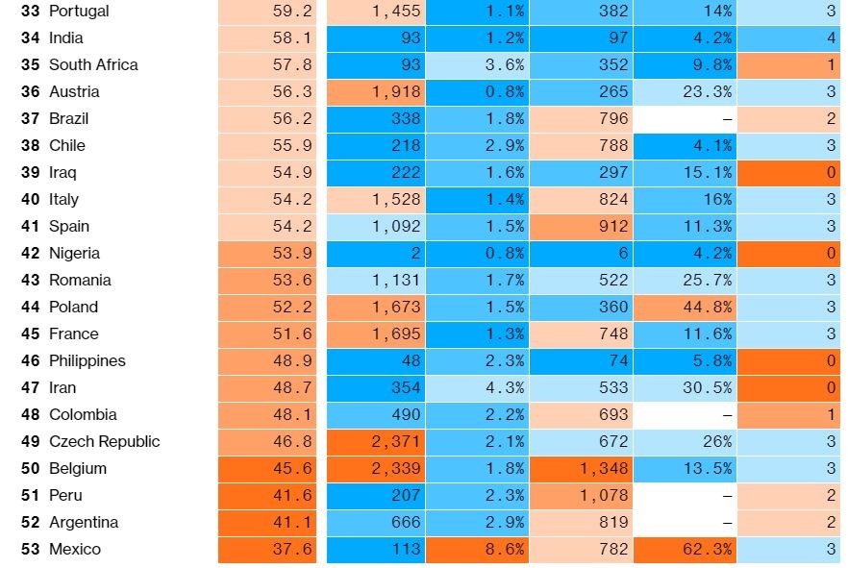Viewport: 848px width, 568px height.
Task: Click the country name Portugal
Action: pyautogui.click(x=79, y=12)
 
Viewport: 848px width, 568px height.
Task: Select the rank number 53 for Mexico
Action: pyautogui.click(x=30, y=550)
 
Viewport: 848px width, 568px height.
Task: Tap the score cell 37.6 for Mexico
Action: pyautogui.click(x=267, y=550)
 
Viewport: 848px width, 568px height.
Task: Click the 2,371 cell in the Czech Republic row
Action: pyautogui.click(x=376, y=442)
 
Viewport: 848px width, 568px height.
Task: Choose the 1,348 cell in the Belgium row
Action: pyautogui.click(x=581, y=469)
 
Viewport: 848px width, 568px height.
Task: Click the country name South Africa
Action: pyautogui.click(x=93, y=65)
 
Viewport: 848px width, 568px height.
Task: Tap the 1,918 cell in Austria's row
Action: pyautogui.click(x=376, y=92)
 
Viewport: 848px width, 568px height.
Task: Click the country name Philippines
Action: pyautogui.click(x=87, y=361)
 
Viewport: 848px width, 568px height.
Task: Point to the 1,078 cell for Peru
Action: pyautogui.click(x=581, y=496)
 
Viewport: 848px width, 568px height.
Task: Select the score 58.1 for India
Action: pyautogui.click(x=267, y=38)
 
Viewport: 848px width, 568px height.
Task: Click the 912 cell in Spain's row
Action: pyautogui.click(x=581, y=227)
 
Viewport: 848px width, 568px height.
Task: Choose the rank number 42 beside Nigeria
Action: pyautogui.click(x=30, y=254)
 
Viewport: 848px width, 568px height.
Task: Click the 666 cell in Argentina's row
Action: pyautogui.click(x=376, y=523)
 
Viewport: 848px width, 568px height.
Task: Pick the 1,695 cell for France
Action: pyautogui.click(x=376, y=334)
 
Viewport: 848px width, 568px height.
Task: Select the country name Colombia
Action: pyautogui.click(x=83, y=415)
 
